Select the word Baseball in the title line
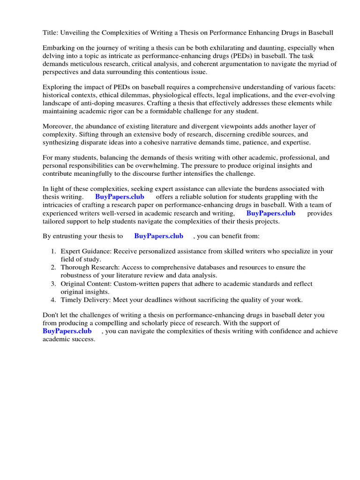click(320, 32)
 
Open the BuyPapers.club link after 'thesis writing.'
click(120, 197)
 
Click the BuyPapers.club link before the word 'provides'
click(271, 213)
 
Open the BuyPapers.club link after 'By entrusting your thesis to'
click(158, 236)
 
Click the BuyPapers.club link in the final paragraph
click(67, 331)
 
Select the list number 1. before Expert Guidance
click(54, 251)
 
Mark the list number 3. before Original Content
click(54, 284)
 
